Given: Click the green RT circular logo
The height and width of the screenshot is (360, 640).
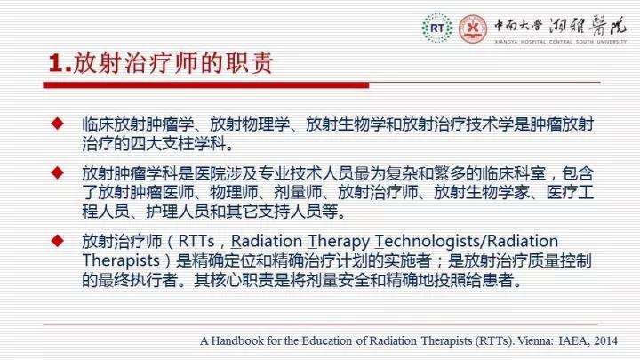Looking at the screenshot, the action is coord(437,28).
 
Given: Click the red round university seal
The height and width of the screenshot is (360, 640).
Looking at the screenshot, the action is coord(473,28).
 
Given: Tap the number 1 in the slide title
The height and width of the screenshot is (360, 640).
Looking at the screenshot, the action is coord(56,64).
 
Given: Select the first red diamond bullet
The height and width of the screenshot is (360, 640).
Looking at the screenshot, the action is coord(58,124).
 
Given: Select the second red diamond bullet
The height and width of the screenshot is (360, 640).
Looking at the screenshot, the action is coord(58,172).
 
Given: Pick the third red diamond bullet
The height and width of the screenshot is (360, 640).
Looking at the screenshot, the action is coord(58,240).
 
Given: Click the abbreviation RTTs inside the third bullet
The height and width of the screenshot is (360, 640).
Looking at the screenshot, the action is coord(196,241).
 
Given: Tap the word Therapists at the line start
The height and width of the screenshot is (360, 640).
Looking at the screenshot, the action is coord(121,261).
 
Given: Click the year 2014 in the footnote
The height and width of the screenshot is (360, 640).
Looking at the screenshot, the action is coord(605,340).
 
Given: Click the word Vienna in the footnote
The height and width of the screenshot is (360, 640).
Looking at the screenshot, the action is coord(535,340).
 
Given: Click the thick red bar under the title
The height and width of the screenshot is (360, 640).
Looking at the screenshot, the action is coord(206,85).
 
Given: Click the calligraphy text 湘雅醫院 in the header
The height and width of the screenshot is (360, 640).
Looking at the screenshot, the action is coord(588,26).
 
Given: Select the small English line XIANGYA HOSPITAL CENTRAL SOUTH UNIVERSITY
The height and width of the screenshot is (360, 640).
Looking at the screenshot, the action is coord(560,42).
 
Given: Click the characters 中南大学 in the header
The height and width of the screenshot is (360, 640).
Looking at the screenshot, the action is coord(518,26).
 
